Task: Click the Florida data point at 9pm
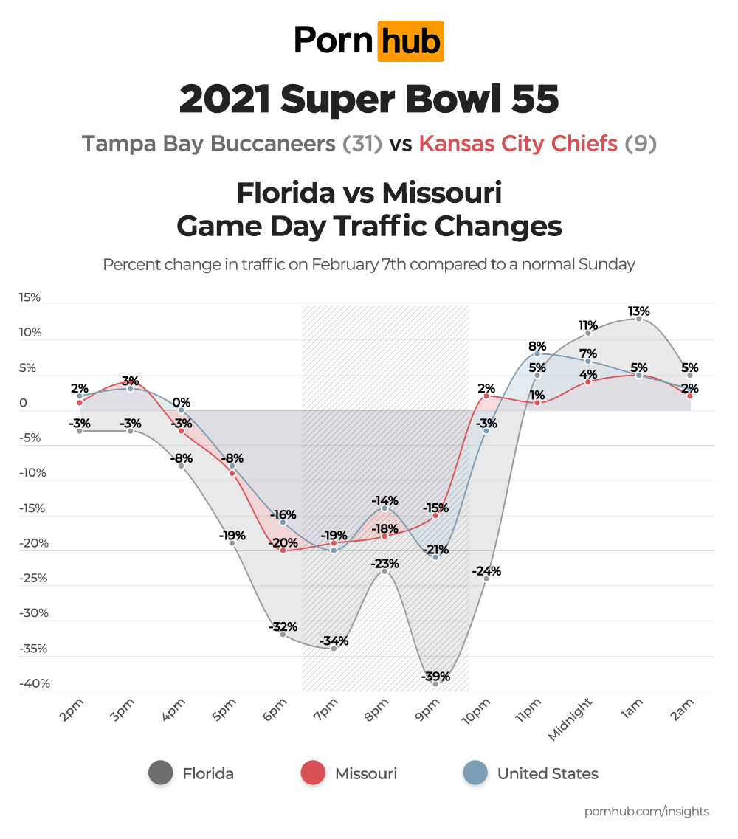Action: click(435, 684)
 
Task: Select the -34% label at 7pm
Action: click(334, 641)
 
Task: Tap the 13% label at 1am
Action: click(638, 311)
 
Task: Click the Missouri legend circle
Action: click(313, 773)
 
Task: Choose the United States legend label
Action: click(548, 773)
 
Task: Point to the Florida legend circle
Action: click(160, 773)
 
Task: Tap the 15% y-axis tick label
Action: click(30, 297)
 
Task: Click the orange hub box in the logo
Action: click(410, 41)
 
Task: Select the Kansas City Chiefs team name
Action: click(518, 143)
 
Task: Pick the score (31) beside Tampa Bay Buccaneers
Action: click(362, 143)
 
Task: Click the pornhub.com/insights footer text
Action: click(646, 811)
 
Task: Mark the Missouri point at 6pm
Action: click(283, 550)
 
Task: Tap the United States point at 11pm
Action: click(537, 354)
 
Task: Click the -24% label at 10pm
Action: click(486, 570)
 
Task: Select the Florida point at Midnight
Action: click(588, 334)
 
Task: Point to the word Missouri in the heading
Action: click(442, 193)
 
